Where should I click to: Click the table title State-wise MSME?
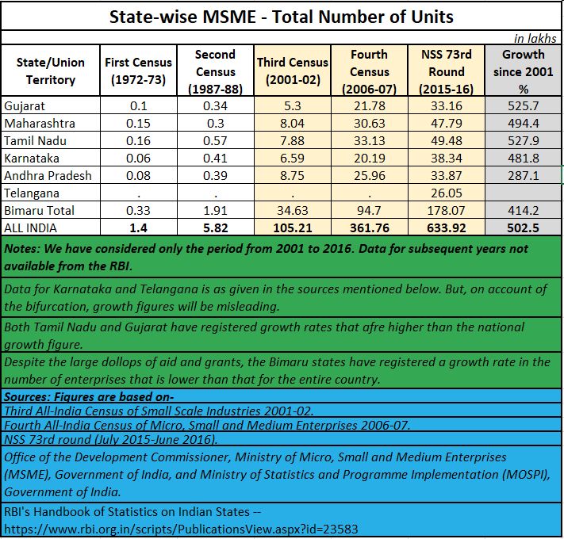(281, 15)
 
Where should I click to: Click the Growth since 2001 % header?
(523, 71)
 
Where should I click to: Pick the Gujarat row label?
(25, 105)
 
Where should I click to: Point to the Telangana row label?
(32, 193)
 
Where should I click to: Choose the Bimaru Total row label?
(39, 210)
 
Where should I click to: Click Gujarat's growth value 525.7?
(523, 105)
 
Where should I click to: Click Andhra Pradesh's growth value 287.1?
(523, 175)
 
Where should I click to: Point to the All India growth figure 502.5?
(523, 227)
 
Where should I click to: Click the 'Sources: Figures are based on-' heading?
(94, 396)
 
